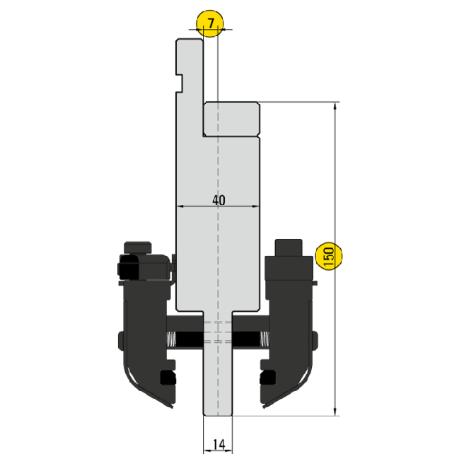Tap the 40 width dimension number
tap(219, 200)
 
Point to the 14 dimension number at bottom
tap(219, 444)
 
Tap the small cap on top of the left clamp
tap(137, 247)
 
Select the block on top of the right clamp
tap(290, 248)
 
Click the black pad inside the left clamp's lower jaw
tap(168, 378)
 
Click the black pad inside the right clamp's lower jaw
tap(267, 378)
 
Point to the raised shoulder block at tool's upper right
tap(231, 119)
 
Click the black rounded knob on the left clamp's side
tap(129, 268)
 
